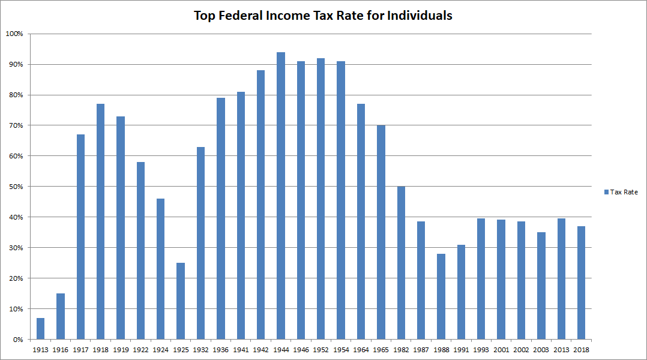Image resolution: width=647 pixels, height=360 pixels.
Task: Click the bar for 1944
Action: pos(281,196)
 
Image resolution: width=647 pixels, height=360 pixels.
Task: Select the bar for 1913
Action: pos(40,329)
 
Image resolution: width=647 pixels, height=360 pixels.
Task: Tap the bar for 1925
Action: pos(181,301)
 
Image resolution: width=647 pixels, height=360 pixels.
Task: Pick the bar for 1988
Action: pos(441,296)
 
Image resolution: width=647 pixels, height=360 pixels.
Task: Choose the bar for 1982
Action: pos(401,263)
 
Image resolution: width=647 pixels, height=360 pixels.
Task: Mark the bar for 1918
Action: pos(100,222)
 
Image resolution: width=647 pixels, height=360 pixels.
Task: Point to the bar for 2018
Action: pos(581,283)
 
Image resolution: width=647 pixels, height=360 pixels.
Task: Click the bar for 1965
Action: pos(381,232)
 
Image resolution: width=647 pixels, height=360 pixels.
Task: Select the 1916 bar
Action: pos(61,316)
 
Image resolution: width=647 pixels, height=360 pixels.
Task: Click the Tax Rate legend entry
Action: pos(624,192)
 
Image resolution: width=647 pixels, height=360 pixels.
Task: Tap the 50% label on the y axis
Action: pos(15,187)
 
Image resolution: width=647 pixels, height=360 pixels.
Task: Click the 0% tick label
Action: pos(17,340)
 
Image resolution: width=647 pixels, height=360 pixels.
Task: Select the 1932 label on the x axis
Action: pos(200,350)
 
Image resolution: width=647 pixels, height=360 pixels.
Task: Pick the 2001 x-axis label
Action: pos(501,350)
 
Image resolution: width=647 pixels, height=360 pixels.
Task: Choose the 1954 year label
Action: pos(341,350)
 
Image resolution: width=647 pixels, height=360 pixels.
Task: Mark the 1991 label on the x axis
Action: pos(461,350)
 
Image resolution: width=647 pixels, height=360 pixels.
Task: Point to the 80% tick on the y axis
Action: pos(15,95)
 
